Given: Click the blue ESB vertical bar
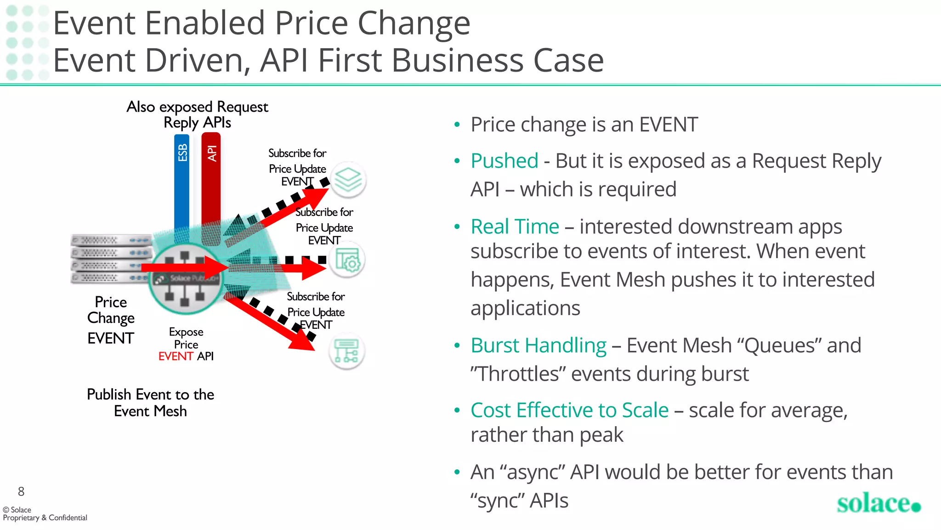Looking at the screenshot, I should pos(182,184).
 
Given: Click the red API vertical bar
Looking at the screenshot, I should pos(211,184).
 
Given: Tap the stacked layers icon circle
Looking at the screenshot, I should pos(348,180).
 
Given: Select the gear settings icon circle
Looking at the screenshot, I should pos(347,260).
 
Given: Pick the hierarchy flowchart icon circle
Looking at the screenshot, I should pos(346,351).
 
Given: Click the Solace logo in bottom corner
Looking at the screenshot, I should pos(878,504).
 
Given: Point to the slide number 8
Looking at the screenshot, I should pos(21,491).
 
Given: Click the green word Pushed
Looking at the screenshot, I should pos(504,161).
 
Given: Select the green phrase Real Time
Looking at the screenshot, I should pos(515,227).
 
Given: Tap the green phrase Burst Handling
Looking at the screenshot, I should pos(539,346).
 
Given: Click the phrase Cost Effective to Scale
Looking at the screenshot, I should pos(569,410).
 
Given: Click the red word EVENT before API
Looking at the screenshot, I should pos(176,356).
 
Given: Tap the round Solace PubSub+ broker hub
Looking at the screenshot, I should pos(185,278).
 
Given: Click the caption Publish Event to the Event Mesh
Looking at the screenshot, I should pos(150,402).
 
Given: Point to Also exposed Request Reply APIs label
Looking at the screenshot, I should pos(197,114).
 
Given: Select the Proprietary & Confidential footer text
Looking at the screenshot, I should pos(45,518).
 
